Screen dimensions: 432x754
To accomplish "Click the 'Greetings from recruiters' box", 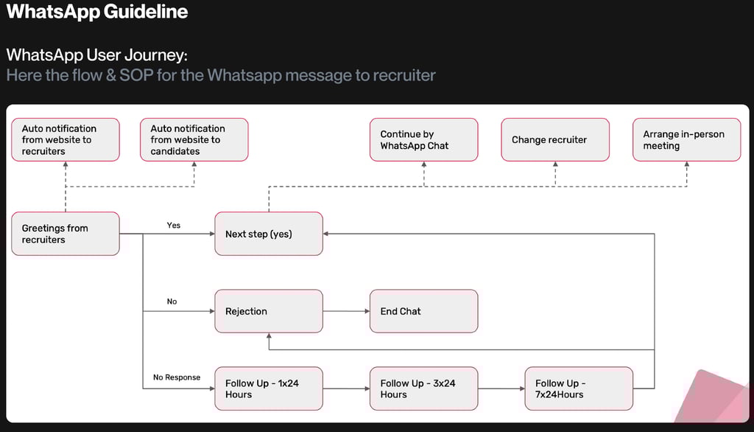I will coord(66,234).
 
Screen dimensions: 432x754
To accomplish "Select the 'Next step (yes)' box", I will coord(269,234).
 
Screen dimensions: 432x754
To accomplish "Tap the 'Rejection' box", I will coord(269,311).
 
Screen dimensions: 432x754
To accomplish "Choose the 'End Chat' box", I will coord(423,311).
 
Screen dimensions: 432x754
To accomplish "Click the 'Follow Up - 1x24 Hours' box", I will coord(269,389).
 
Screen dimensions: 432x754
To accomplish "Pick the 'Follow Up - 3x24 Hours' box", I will coord(423,389).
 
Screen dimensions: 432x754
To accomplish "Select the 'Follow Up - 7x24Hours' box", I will coord(579,389).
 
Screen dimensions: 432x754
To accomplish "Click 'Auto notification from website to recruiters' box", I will coord(66,139).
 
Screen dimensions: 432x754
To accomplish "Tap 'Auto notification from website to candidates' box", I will coord(194,139).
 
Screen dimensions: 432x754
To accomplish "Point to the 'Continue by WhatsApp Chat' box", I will coord(423,139).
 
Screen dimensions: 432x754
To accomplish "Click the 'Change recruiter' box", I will coord(555,139).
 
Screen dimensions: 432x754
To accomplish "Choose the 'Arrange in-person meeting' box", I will coord(687,139).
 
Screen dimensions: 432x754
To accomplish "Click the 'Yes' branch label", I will coord(174,226).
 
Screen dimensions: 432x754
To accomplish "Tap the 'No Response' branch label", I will coord(177,377).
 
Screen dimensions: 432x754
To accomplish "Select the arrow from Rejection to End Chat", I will coord(346,311).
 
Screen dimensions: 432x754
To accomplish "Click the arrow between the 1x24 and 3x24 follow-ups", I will coord(346,389).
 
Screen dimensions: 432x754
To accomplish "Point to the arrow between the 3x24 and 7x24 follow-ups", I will coord(501,389).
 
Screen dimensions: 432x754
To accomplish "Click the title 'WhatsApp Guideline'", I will coord(96,12).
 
